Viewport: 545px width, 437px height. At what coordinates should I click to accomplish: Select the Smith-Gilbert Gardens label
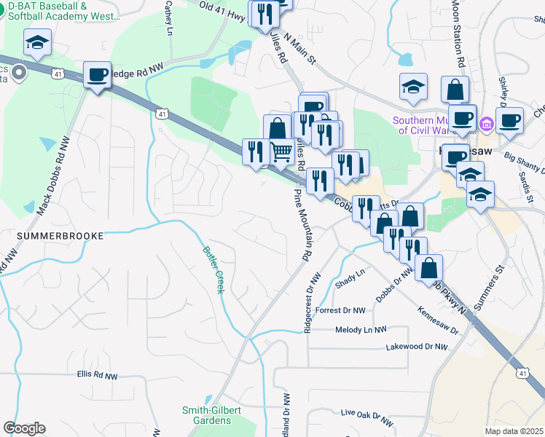211,415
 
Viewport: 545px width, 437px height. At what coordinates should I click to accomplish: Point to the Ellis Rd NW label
97,375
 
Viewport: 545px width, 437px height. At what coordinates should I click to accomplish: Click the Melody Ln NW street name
360,330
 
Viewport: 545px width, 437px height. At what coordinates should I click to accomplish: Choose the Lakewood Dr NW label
416,347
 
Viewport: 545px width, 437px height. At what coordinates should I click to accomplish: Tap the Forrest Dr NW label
340,310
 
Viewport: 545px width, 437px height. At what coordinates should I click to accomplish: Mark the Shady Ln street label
349,277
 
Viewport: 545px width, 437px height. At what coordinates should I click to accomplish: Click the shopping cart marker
281,151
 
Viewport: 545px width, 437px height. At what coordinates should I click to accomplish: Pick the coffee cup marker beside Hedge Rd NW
97,74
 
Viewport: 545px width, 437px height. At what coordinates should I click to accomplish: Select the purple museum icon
487,126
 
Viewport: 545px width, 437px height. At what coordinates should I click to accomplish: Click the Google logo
24,428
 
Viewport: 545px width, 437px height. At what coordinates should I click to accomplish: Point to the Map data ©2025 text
514,431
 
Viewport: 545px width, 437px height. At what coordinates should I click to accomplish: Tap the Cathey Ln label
169,17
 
